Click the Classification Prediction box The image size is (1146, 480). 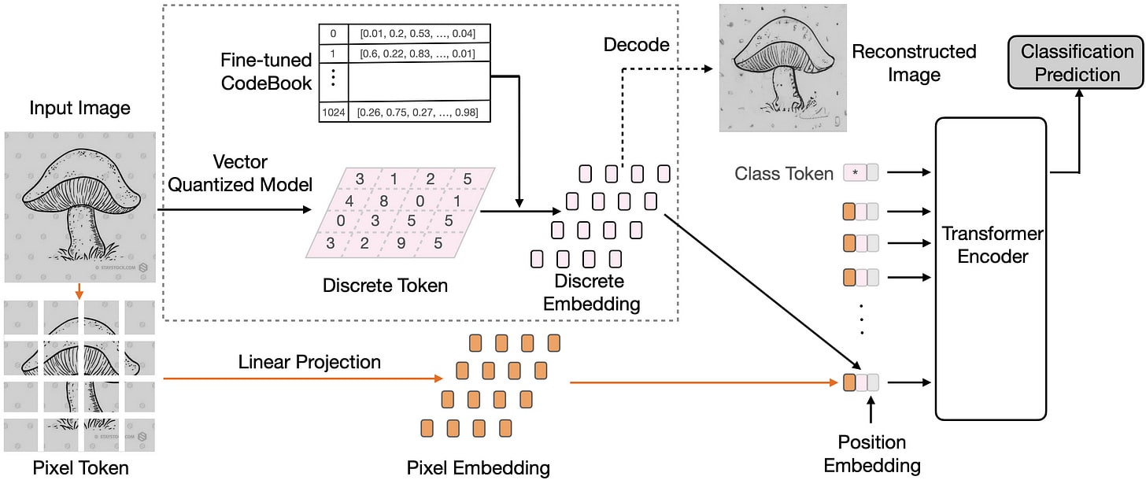pyautogui.click(x=1078, y=63)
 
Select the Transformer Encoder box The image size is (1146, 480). pyautogui.click(x=990, y=268)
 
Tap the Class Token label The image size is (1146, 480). pyautogui.click(x=783, y=173)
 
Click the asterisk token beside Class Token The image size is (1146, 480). pyautogui.click(x=854, y=173)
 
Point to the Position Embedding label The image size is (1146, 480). pyautogui.click(x=871, y=453)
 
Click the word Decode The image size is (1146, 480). pyautogui.click(x=636, y=45)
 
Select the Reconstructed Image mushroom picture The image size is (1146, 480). pyautogui.click(x=783, y=68)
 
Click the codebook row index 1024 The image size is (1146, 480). pyautogui.click(x=332, y=113)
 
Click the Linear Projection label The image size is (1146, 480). pyautogui.click(x=309, y=362)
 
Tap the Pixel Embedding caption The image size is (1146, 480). pyautogui.click(x=478, y=468)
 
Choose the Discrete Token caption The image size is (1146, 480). pyautogui.click(x=385, y=285)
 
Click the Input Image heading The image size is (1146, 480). pyautogui.click(x=79, y=107)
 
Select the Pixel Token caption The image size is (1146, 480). pyautogui.click(x=80, y=468)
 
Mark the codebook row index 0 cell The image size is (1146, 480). pyautogui.click(x=332, y=33)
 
